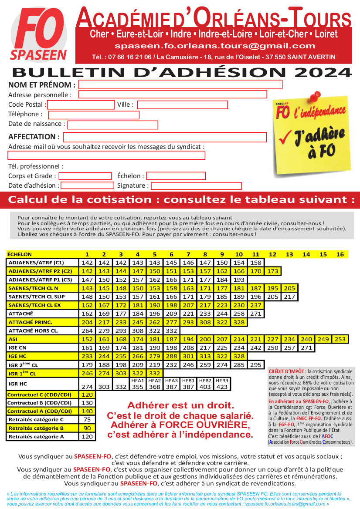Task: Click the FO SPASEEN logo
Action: click(x=38, y=36)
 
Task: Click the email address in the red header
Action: click(x=214, y=46)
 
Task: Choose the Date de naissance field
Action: click(x=112, y=125)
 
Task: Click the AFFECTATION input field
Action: click(x=164, y=138)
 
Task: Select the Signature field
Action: click(x=196, y=186)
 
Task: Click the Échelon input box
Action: click(x=176, y=176)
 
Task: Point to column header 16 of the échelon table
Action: click(x=340, y=254)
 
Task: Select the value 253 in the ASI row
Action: click(x=340, y=339)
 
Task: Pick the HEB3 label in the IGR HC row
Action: click(x=222, y=381)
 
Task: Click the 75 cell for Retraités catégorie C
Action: click(x=87, y=419)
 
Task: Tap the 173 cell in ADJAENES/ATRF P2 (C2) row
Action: click(x=273, y=271)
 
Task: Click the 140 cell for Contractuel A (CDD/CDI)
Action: click(x=87, y=411)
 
